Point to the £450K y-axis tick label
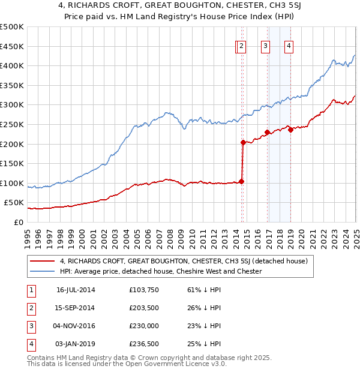coord(12,46)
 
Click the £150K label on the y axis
coord(12,163)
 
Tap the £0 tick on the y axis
coord(19,222)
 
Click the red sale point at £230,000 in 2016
coord(266,132)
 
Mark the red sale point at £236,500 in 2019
coord(290,130)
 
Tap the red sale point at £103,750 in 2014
coord(241,181)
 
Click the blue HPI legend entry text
coord(161,271)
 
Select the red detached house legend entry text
coord(184,261)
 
